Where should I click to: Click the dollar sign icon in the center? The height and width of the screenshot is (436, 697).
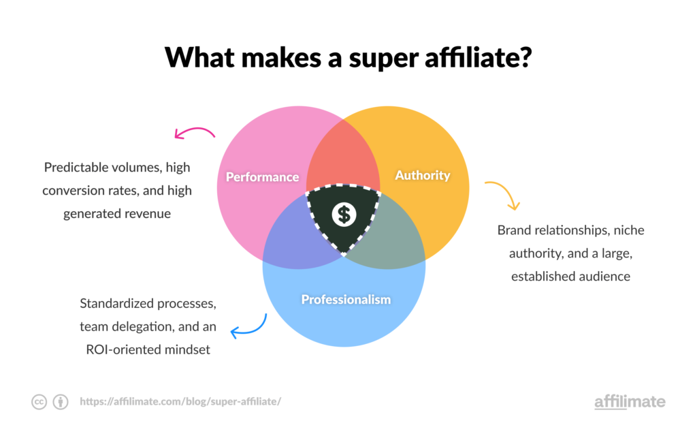[344, 214]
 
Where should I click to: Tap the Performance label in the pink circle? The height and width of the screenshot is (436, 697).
[262, 177]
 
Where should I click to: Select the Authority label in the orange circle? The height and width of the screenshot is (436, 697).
[423, 175]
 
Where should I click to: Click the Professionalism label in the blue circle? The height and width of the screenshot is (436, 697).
[346, 299]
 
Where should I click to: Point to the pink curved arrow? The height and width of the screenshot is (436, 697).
[195, 131]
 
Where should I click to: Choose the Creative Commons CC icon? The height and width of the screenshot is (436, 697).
[39, 402]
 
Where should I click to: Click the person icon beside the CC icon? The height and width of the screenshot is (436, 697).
[61, 402]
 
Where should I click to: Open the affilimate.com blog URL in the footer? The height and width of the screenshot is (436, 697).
[180, 402]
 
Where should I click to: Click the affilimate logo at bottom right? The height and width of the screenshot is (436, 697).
[630, 401]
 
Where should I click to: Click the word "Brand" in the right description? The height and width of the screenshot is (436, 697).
[515, 230]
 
